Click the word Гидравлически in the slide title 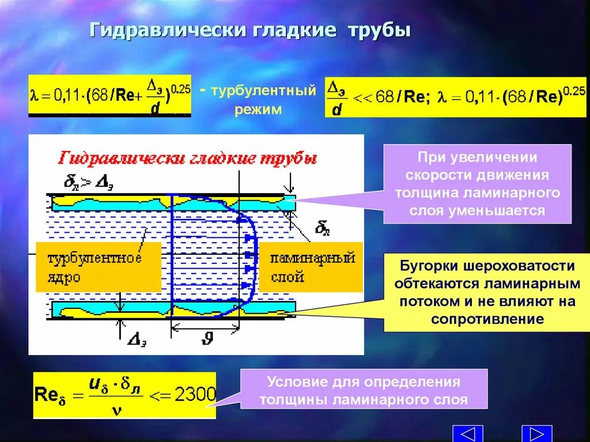167,30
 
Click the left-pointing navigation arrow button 472,433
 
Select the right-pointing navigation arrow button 536,433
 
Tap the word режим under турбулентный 258,109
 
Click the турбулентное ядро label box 98,267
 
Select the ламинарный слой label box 312,267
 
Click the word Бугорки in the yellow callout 424,266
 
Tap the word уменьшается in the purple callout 477,211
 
